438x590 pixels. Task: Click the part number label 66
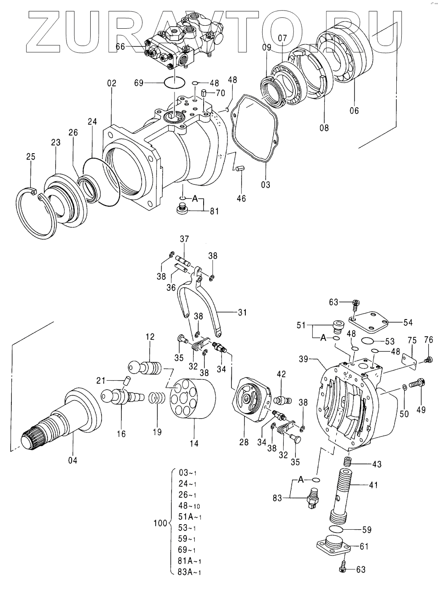tap(121, 47)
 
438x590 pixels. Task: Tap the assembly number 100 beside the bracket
tap(160, 522)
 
